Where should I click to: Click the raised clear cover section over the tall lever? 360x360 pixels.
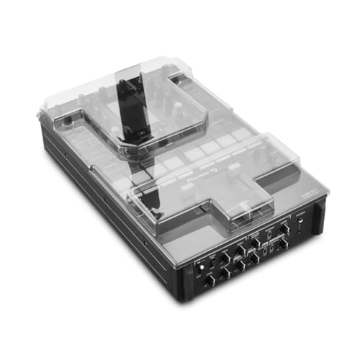[144, 101]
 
